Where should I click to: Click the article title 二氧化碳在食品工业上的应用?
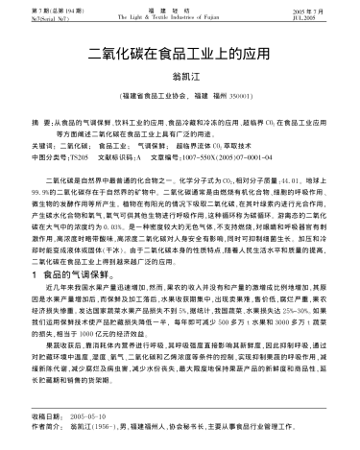click(180, 55)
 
